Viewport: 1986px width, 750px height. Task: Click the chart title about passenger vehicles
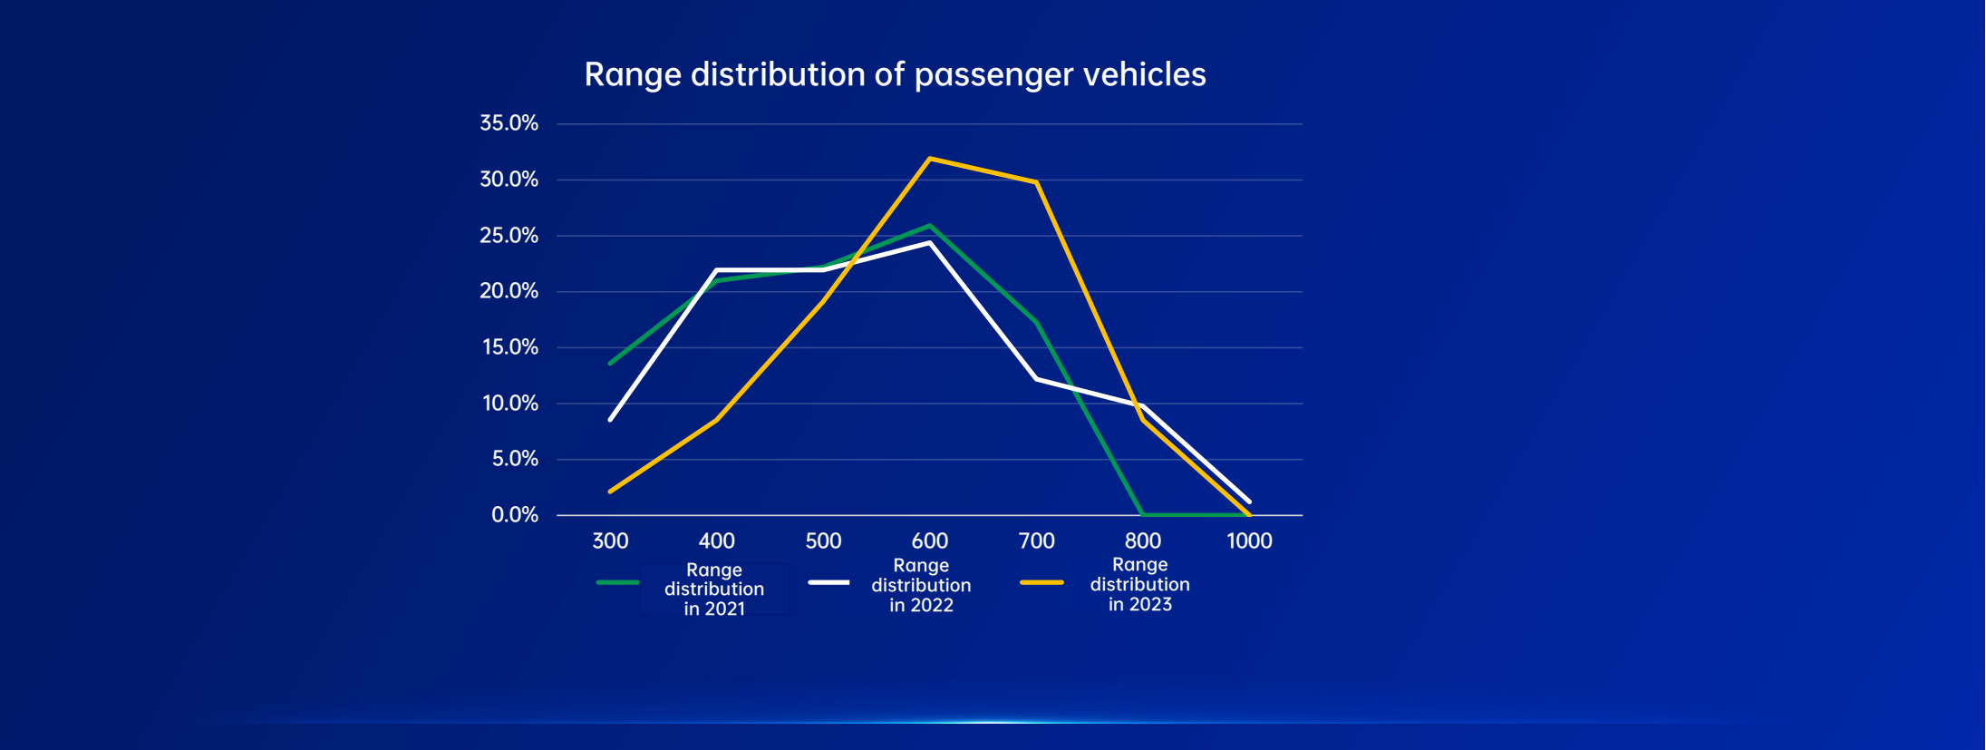[x=895, y=74]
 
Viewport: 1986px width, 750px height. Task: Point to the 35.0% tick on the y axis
[x=509, y=123]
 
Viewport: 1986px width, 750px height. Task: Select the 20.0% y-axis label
[x=509, y=291]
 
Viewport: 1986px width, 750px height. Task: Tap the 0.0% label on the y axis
[x=514, y=515]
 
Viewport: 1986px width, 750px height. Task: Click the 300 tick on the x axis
[x=610, y=541]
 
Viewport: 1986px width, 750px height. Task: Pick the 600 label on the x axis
[x=930, y=541]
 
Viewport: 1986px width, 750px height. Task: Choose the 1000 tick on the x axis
[x=1249, y=541]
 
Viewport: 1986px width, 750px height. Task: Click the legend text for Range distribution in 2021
[x=714, y=589]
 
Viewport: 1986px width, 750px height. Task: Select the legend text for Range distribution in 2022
[x=921, y=585]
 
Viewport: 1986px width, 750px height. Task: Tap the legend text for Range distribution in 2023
[x=1139, y=585]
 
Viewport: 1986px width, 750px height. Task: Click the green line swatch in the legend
[x=617, y=582]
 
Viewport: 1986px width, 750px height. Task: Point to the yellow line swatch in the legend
[x=1041, y=582]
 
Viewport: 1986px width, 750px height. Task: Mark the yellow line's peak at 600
[x=930, y=159]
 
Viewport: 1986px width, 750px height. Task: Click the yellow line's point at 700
[x=1036, y=182]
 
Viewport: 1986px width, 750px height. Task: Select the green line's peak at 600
[x=930, y=226]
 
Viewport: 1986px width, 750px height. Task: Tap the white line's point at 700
[x=1036, y=379]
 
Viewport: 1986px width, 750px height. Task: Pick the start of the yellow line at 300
[x=610, y=492]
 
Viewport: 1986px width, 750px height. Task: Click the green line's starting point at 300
[x=610, y=364]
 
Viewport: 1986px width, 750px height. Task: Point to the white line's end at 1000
[x=1249, y=501]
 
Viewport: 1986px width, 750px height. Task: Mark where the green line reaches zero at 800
[x=1142, y=514]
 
